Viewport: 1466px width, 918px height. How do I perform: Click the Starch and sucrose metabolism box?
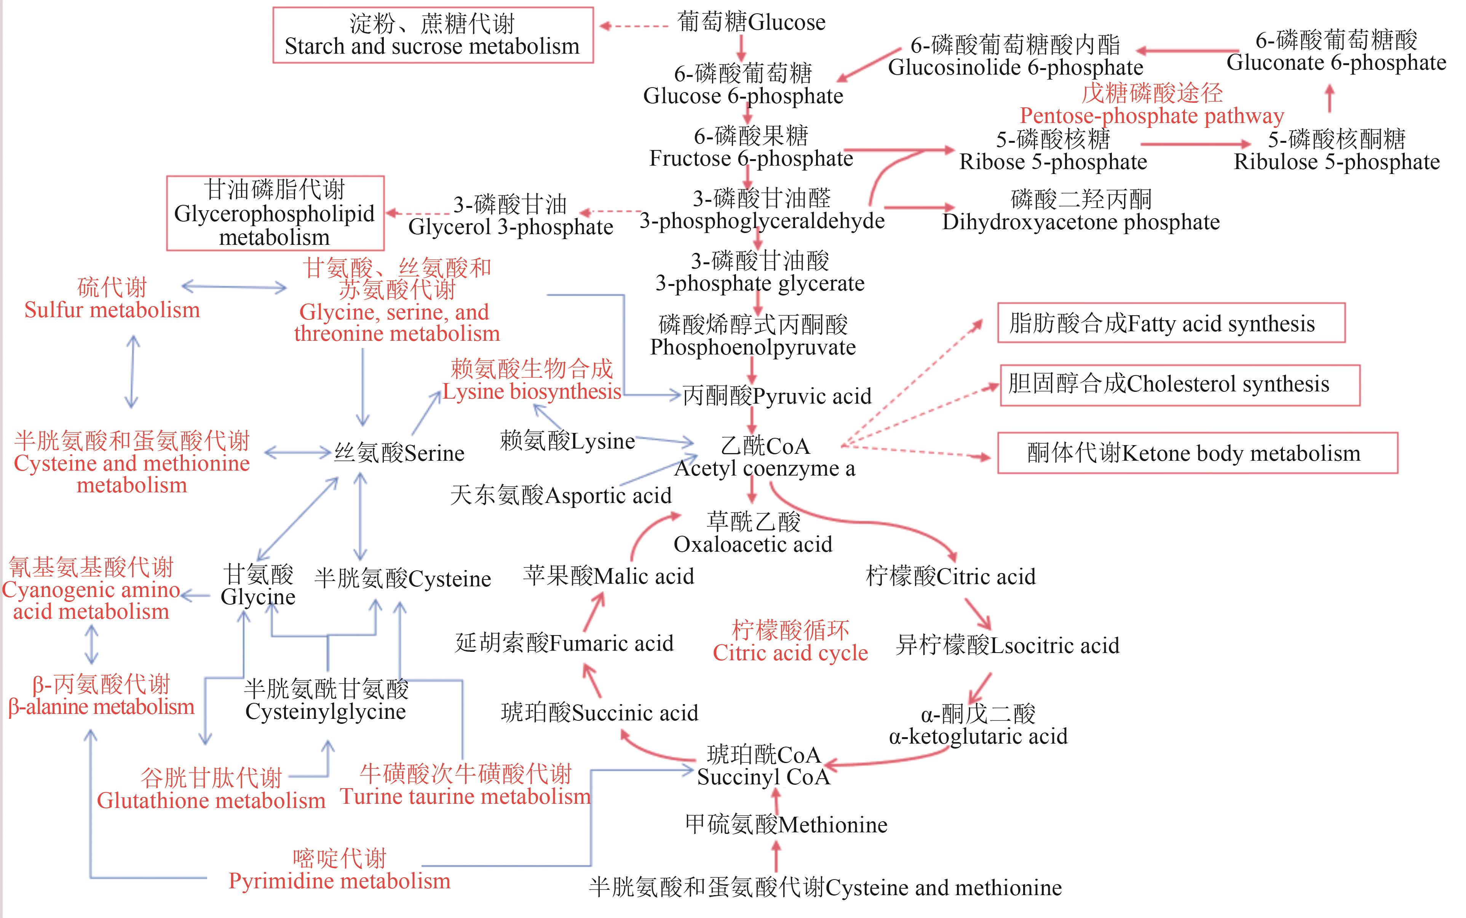click(x=432, y=35)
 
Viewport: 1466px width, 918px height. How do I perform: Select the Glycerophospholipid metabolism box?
click(x=275, y=213)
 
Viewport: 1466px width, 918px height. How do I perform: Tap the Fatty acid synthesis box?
click(x=1171, y=323)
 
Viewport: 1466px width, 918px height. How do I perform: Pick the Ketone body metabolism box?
click(x=1197, y=453)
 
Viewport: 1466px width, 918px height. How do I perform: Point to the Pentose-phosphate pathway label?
click(x=1151, y=104)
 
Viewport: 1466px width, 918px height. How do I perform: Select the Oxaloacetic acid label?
click(x=753, y=533)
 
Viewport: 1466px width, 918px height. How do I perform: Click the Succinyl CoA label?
click(x=763, y=766)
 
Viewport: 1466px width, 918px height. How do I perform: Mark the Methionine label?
click(x=786, y=824)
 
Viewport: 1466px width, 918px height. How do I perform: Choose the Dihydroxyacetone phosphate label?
click(x=1081, y=211)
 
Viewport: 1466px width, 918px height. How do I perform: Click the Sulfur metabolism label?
click(x=112, y=299)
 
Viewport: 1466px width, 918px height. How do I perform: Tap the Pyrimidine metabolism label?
click(x=339, y=869)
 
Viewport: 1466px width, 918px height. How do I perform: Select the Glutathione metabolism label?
click(x=211, y=789)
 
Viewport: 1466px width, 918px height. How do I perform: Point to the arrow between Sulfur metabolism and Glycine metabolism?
click(x=234, y=287)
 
